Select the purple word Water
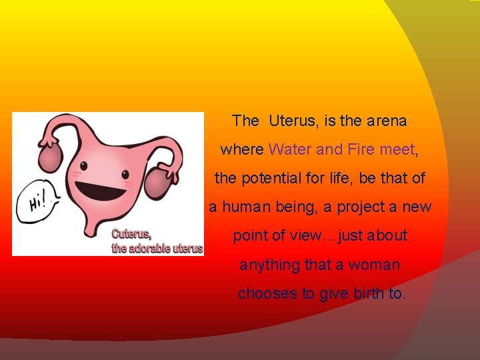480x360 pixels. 291,150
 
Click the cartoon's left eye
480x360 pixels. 84,165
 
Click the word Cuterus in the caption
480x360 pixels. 131,234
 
